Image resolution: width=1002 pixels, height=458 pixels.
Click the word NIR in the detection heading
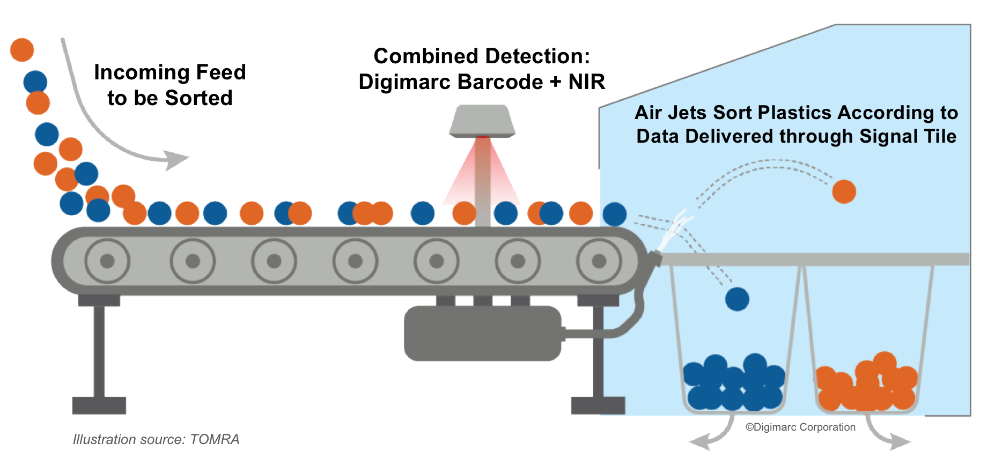(587, 82)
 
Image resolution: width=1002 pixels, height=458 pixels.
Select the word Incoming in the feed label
(140, 72)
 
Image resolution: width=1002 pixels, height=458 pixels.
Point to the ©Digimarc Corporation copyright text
(800, 427)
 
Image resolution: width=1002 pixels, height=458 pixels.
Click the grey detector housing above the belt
(482, 121)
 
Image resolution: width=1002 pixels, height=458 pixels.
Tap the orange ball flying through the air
(844, 191)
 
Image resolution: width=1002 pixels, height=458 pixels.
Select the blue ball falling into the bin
(737, 299)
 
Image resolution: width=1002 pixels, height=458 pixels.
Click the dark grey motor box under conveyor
(483, 334)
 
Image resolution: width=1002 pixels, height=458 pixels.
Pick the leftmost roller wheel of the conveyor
(107, 261)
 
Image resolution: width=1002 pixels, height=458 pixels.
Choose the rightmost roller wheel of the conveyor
(599, 261)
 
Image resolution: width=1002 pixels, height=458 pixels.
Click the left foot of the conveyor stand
(99, 405)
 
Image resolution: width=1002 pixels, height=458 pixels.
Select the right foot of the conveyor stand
(598, 405)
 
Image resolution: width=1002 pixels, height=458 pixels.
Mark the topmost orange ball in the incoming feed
(22, 50)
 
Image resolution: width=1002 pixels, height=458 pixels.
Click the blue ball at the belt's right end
(615, 214)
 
